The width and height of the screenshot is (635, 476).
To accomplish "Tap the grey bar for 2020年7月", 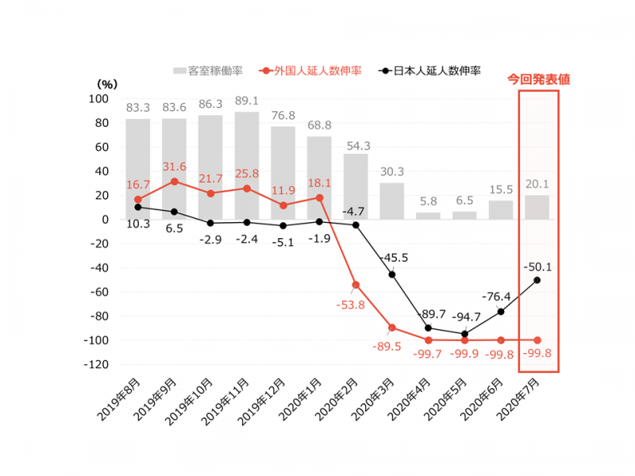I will (x=537, y=207).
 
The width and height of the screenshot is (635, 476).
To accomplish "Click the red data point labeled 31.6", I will (x=174, y=181).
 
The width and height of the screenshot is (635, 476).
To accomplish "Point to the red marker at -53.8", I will (x=356, y=285).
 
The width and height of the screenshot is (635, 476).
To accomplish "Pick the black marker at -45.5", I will (x=392, y=274).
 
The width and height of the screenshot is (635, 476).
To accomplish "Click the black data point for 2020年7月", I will (x=537, y=280).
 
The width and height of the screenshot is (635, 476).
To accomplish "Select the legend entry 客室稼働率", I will (x=209, y=71).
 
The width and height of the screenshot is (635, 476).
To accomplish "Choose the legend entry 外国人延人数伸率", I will (x=311, y=71).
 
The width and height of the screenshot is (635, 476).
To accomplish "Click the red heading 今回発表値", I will (x=539, y=79).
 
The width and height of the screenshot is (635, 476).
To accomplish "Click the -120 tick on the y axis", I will (x=96, y=365).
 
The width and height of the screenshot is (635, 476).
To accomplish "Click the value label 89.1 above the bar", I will (x=247, y=101).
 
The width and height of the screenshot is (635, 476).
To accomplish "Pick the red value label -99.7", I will (x=429, y=354).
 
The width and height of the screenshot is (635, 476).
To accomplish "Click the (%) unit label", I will (x=106, y=83).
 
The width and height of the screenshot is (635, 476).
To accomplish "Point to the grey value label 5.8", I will (x=429, y=202).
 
